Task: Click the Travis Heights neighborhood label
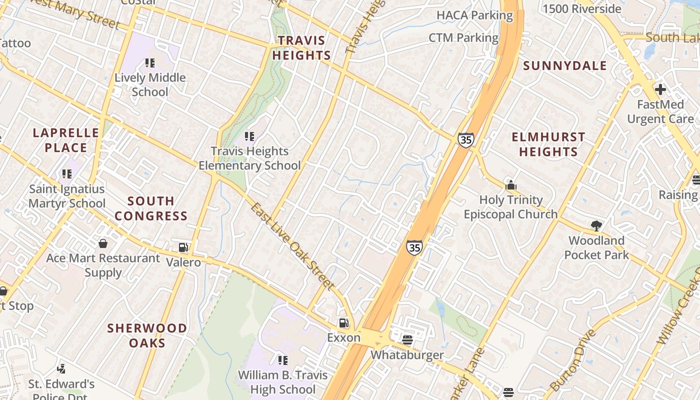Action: pyautogui.click(x=301, y=47)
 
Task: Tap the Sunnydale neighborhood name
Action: pyautogui.click(x=565, y=66)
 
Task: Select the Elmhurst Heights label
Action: pyautogui.click(x=548, y=144)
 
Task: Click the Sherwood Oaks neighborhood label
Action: pyautogui.click(x=147, y=335)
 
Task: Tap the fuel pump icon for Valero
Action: pyautogui.click(x=183, y=247)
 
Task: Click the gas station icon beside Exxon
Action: pyautogui.click(x=343, y=323)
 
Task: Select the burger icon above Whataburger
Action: pyautogui.click(x=407, y=340)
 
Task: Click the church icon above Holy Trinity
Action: pyautogui.click(x=510, y=185)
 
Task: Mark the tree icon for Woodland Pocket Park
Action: pyautogui.click(x=596, y=226)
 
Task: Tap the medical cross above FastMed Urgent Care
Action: pyautogui.click(x=660, y=90)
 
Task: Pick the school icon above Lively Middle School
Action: pyautogui.click(x=150, y=63)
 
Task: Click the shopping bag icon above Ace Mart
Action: pyautogui.click(x=103, y=243)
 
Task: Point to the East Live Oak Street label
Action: pyautogui.click(x=292, y=246)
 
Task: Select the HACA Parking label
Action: pyautogui.click(x=474, y=15)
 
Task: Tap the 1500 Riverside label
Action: pyautogui.click(x=581, y=9)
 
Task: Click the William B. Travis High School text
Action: pyautogui.click(x=282, y=382)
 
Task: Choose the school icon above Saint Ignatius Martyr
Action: pyautogui.click(x=67, y=174)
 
